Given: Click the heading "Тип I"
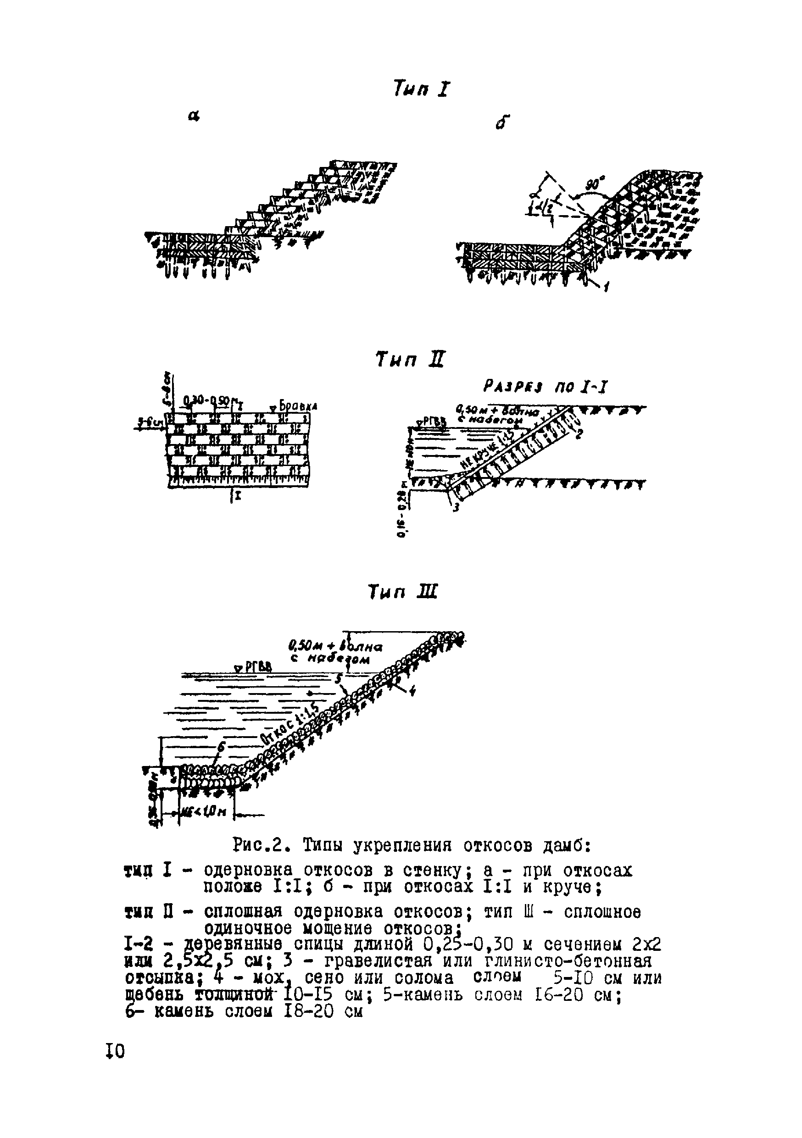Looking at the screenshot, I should [x=421, y=89].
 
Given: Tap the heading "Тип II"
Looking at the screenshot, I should [x=410, y=359].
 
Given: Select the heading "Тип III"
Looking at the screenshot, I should [x=403, y=592].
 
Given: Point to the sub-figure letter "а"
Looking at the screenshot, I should [x=194, y=117].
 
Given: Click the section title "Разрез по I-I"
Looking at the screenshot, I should [x=544, y=387].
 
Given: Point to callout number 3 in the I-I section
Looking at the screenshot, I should [x=457, y=506].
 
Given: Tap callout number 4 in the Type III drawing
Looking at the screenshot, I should [x=411, y=693].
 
